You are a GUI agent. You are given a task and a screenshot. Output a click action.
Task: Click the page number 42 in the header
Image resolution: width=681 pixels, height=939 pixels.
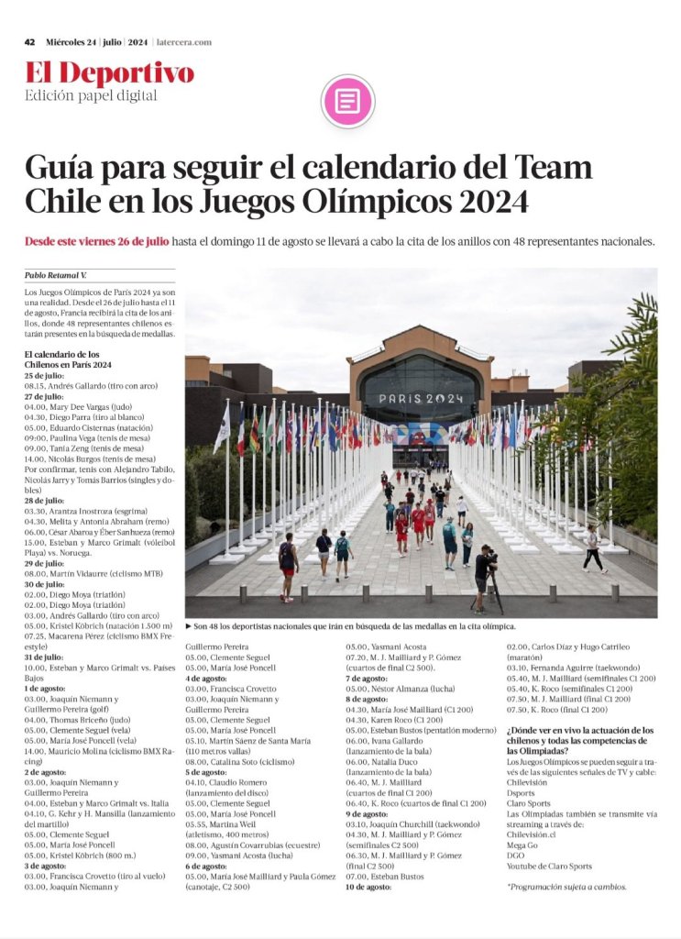coord(29,42)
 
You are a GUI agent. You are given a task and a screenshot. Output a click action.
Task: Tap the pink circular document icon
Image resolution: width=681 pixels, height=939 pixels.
coord(348,100)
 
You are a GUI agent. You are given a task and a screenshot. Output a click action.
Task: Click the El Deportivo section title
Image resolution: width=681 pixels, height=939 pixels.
coord(109,73)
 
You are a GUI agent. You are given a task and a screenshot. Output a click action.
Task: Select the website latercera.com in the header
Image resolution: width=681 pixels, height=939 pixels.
coord(183,42)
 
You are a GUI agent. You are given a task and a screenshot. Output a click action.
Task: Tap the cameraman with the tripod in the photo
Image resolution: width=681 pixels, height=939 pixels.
coord(484,577)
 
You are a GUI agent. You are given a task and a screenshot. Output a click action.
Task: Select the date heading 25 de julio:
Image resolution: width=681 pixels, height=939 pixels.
coord(45,376)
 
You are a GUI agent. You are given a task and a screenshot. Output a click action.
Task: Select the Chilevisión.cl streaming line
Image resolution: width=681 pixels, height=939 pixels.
coord(536,834)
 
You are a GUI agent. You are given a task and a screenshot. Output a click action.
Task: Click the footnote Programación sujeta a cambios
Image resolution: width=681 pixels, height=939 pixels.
coord(566,887)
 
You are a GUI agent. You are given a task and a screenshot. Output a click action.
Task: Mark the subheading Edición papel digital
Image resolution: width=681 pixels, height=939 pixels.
coord(78,95)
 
